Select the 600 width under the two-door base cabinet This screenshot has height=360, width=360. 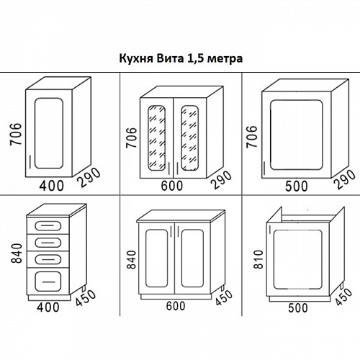[x=175, y=306]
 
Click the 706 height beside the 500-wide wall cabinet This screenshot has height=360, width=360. [x=251, y=135]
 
